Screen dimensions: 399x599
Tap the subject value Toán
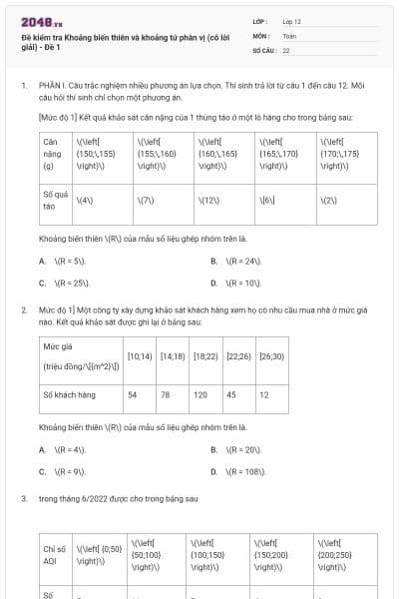[x=289, y=35]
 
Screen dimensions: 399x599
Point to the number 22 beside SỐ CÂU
[x=286, y=49]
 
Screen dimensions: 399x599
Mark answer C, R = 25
[x=70, y=283]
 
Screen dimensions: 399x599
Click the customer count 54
[x=133, y=394]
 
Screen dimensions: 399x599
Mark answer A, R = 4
[x=69, y=449]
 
